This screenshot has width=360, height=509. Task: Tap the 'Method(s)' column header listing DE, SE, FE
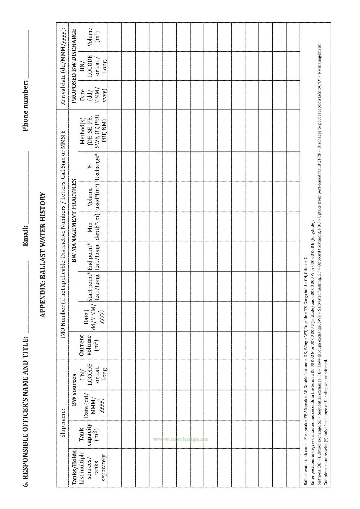pos(93,131)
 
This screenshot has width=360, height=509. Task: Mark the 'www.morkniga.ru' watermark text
pos(180,439)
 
